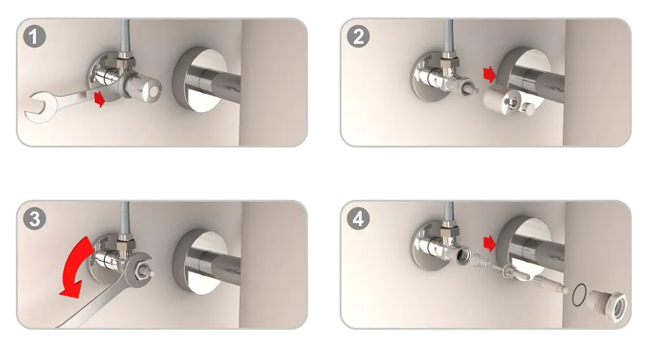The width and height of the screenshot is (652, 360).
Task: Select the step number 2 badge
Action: [x=358, y=36]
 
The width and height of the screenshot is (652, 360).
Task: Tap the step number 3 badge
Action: [x=34, y=219]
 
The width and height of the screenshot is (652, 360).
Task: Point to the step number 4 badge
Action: [x=358, y=219]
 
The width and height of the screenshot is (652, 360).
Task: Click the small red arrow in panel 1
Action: [x=100, y=99]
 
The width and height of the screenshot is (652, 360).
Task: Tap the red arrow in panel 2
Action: [x=490, y=75]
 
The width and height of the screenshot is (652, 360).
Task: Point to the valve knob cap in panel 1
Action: [x=148, y=87]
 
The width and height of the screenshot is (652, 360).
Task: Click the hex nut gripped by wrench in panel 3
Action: [x=140, y=268]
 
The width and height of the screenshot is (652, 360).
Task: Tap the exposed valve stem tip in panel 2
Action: [x=474, y=89]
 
